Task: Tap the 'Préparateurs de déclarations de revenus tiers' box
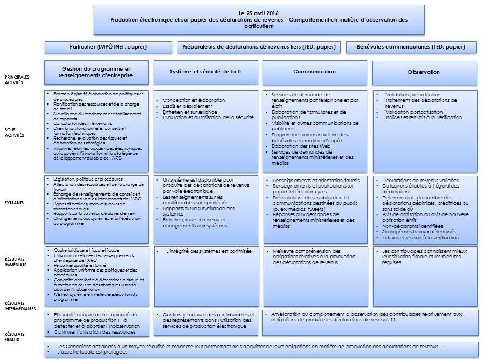259,47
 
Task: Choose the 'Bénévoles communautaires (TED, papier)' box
411,47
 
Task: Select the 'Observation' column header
424,72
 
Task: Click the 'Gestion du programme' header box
96,72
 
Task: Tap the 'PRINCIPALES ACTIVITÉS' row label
18,80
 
